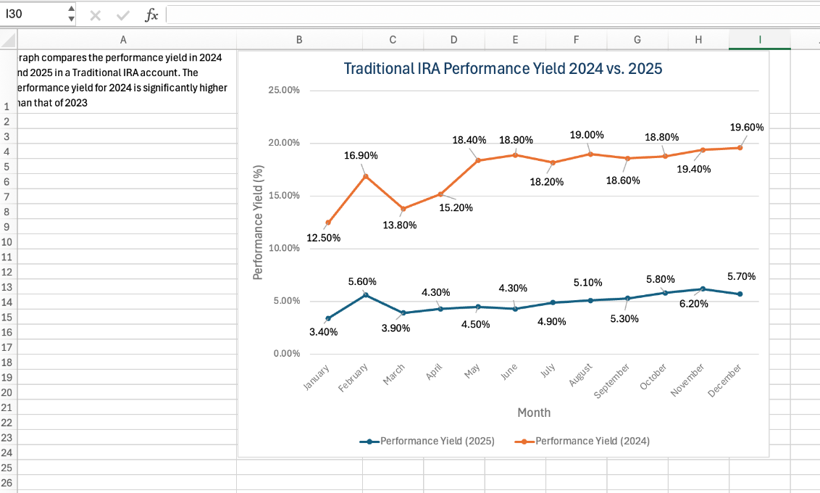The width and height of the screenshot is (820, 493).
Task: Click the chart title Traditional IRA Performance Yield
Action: coord(503,69)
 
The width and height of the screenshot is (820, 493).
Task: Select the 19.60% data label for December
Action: coord(746,127)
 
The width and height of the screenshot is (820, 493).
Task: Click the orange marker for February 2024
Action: coord(366,176)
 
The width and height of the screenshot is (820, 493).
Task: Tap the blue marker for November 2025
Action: coord(703,289)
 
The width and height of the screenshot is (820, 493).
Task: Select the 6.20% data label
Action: coord(693,304)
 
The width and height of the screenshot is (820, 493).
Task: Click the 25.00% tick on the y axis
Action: coord(284,91)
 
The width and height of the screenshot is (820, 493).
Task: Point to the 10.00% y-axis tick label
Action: coord(284,249)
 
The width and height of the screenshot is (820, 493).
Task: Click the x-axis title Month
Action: coord(533,413)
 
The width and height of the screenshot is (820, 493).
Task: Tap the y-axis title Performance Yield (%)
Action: coord(257,222)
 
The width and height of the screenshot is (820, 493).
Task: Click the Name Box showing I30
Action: coord(33,14)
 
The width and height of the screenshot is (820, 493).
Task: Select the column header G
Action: coord(637,41)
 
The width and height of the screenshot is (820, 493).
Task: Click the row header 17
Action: coord(7,347)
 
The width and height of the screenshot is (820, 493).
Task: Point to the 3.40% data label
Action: coord(323,332)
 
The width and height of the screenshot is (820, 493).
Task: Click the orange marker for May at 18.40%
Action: coord(477,160)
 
